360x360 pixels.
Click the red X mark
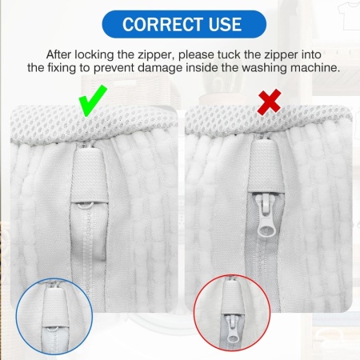269,102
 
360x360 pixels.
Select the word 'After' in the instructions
59,54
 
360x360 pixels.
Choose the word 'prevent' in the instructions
114,68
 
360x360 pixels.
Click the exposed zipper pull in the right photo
266,216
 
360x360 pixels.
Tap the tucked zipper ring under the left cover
86,206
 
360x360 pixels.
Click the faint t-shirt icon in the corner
348,15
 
